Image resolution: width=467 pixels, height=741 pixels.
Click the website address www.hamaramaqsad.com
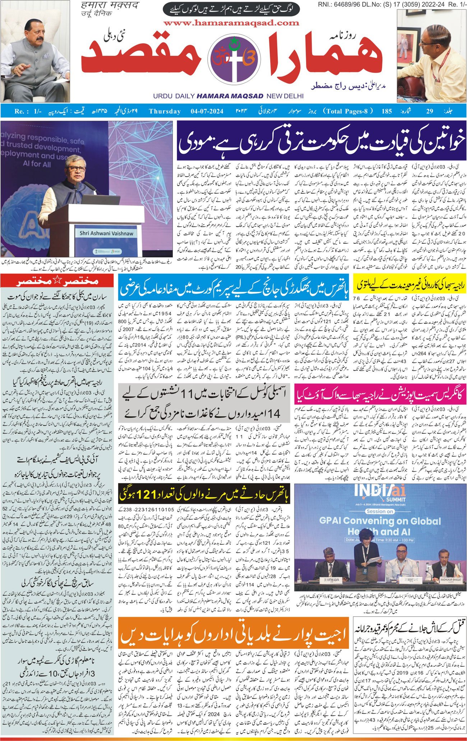(231, 23)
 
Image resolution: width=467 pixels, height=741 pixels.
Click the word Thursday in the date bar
(165, 111)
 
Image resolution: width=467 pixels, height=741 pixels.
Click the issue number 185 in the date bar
(387, 111)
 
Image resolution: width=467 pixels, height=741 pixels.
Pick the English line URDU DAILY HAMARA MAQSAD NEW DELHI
(228, 96)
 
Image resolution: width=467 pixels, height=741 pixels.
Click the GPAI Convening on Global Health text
(380, 526)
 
